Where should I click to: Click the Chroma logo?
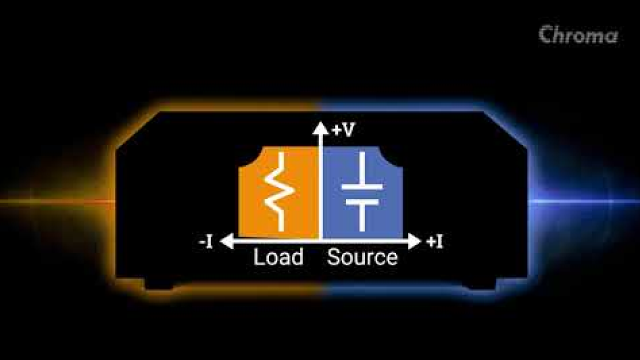click(578, 35)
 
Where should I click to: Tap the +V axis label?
click(343, 130)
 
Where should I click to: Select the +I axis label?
click(434, 241)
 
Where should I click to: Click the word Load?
click(278, 257)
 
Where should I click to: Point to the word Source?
click(362, 257)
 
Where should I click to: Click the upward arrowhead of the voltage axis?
click(320, 127)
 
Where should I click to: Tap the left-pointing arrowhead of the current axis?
click(227, 241)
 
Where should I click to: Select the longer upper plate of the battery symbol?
click(362, 187)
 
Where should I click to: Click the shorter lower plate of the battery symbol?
click(362, 202)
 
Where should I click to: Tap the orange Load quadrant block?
click(278, 192)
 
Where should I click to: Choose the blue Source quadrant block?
click(363, 192)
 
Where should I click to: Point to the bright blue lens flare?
click(583, 201)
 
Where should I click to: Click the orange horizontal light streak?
click(57, 201)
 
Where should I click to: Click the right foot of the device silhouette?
click(481, 284)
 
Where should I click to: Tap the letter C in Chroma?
click(546, 35)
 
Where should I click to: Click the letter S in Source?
click(333, 257)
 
